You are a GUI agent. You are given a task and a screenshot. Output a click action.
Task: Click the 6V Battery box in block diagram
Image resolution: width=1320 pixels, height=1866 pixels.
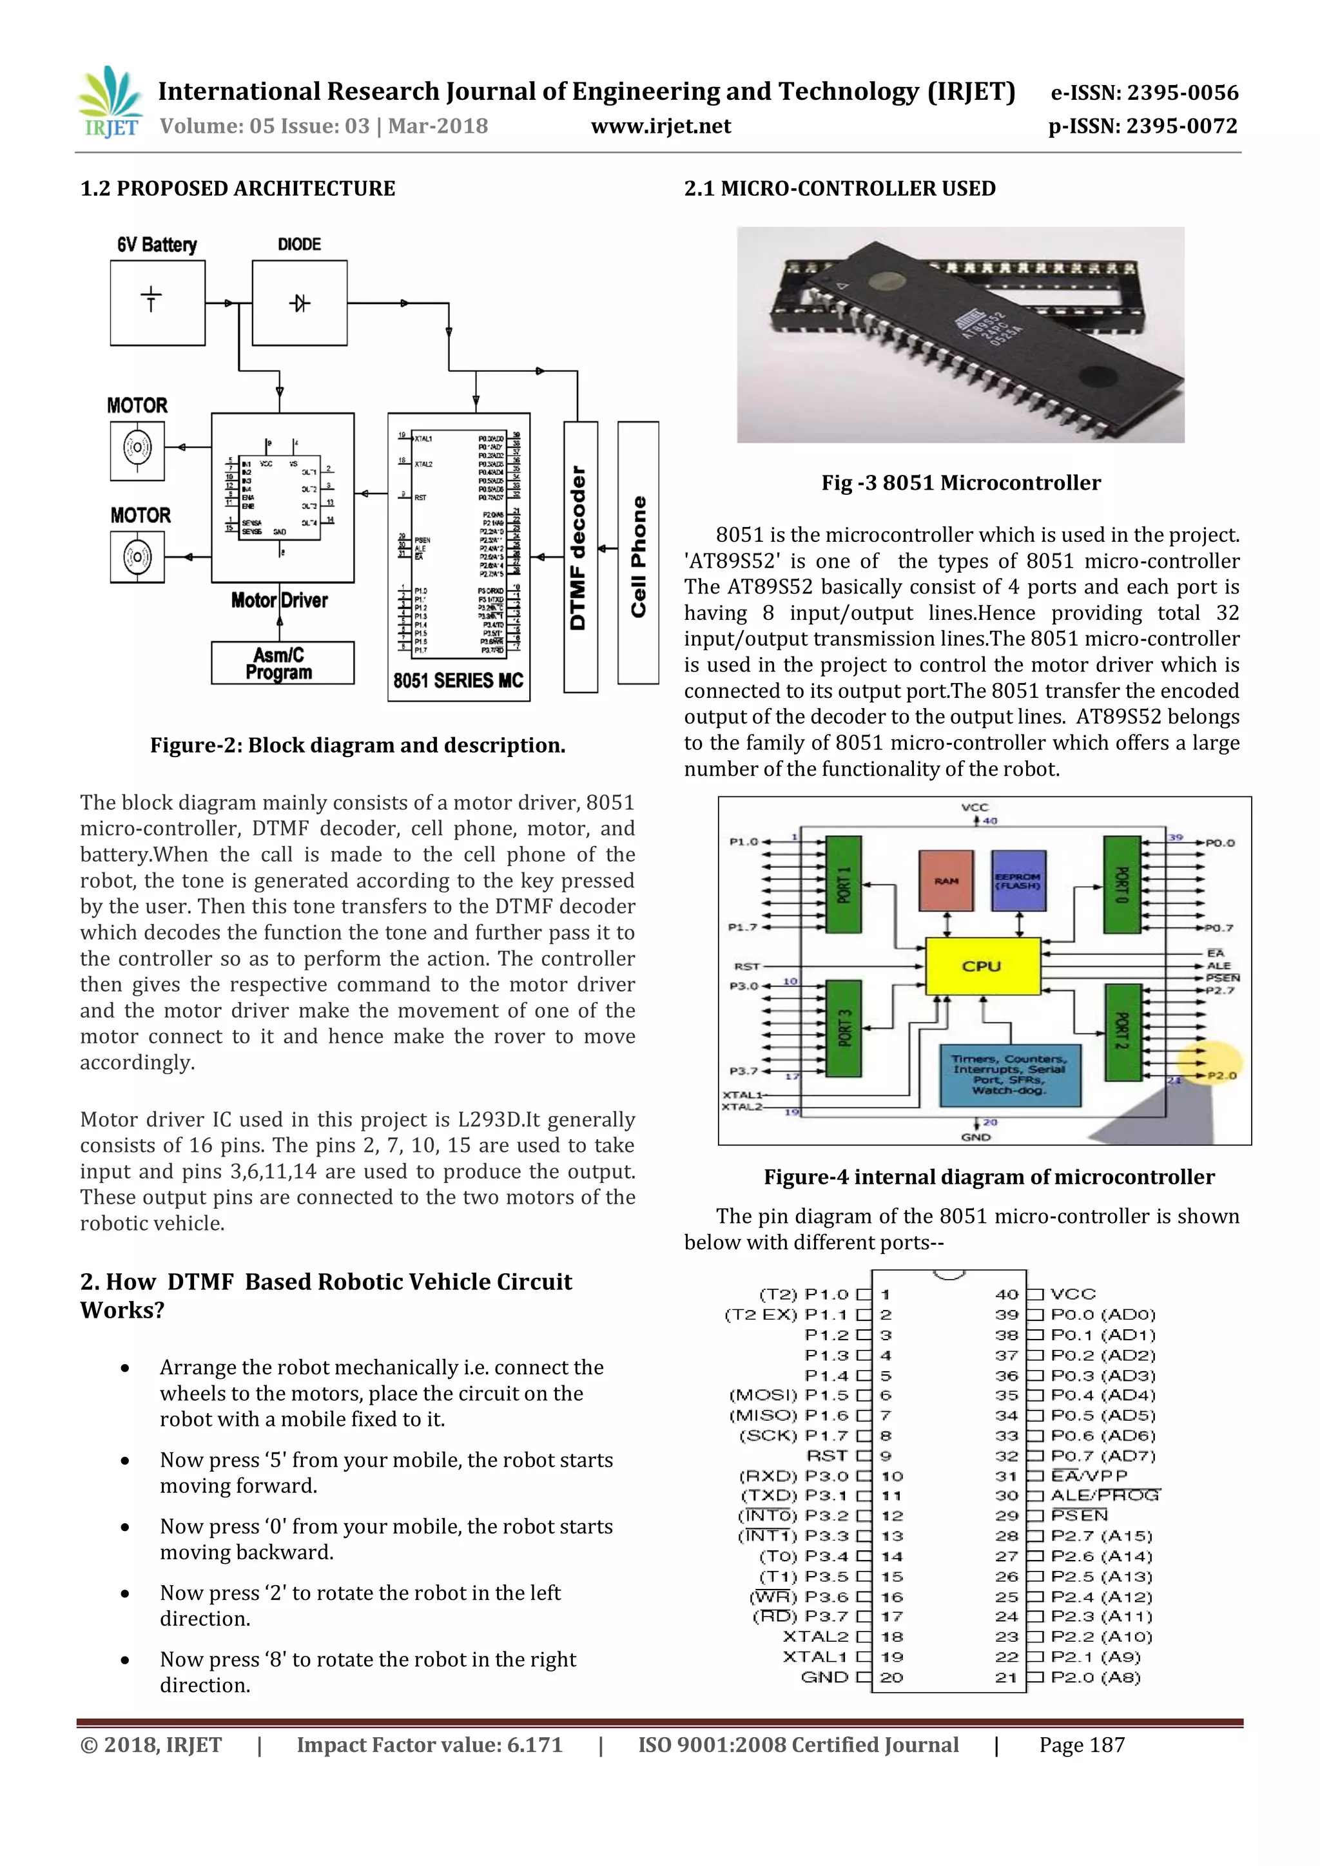tap(158, 302)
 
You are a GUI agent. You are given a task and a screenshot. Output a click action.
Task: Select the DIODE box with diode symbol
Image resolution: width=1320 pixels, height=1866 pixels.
tap(299, 302)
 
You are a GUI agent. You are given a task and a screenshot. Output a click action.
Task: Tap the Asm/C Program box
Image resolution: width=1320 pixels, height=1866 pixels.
tap(282, 663)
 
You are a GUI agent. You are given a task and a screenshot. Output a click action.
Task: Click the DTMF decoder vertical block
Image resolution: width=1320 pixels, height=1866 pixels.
tap(579, 556)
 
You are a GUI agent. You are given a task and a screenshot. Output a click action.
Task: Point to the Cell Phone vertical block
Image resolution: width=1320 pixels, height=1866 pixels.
tap(638, 553)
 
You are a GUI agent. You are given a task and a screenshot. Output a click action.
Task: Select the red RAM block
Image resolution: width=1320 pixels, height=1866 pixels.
tap(946, 881)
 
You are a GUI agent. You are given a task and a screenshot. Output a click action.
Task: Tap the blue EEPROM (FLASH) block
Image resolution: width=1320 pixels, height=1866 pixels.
tap(1018, 881)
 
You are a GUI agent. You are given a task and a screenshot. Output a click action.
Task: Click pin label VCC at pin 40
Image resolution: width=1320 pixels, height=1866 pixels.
tap(1073, 1294)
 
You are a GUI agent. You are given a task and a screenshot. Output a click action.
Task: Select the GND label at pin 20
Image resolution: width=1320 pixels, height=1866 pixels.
tap(824, 1677)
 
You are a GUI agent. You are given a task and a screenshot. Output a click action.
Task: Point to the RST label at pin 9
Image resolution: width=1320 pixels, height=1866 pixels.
tap(827, 1456)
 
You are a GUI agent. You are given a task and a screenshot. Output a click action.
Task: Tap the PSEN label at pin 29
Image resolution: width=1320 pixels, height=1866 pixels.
tap(1078, 1515)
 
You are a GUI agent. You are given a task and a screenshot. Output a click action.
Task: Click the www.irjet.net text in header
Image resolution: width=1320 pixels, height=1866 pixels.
tap(660, 126)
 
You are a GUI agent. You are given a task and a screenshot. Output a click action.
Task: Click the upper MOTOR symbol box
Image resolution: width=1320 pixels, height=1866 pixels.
tap(137, 448)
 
